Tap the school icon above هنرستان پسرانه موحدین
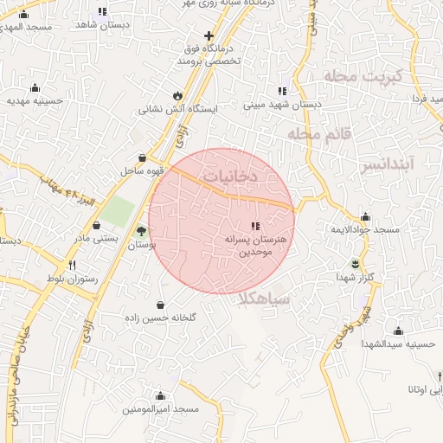(x=254, y=225)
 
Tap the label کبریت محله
(x=352, y=76)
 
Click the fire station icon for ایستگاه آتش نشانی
(x=178, y=95)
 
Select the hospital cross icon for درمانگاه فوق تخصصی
(x=207, y=35)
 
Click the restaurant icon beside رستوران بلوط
(x=73, y=265)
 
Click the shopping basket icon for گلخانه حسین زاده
(x=161, y=305)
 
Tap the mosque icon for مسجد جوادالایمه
(x=365, y=216)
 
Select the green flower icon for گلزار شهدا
(x=353, y=263)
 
